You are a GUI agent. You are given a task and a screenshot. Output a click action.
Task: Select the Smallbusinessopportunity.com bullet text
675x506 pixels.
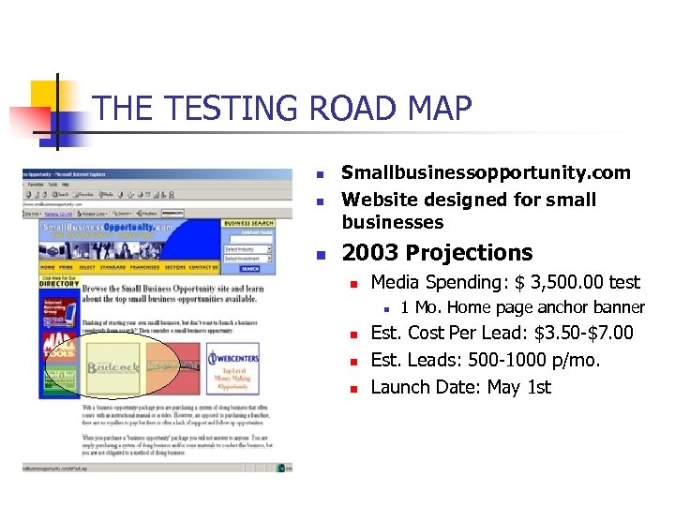(486, 172)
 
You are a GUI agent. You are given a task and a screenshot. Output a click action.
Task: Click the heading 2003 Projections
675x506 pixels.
(437, 253)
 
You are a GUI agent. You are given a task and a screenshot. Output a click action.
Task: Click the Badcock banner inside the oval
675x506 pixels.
(112, 367)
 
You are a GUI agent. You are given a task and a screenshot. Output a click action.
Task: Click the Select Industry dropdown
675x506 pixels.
(248, 250)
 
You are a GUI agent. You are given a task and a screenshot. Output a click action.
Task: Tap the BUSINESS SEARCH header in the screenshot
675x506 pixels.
(248, 224)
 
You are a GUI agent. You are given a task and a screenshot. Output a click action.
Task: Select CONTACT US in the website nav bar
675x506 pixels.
(202, 267)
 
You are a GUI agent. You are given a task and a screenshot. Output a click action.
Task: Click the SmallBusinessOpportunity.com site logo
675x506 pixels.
(108, 229)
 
